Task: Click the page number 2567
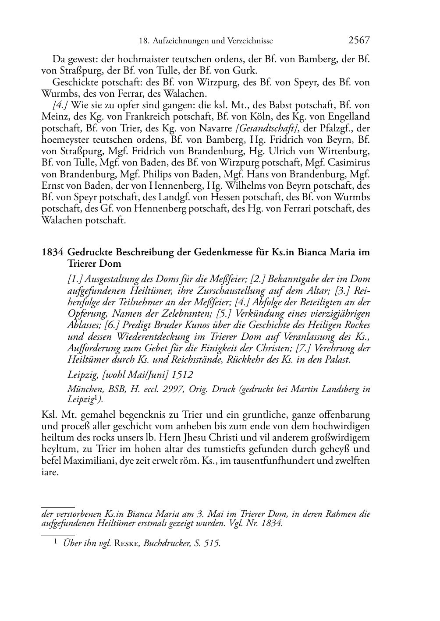point(359,41)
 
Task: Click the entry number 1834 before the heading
point(53,252)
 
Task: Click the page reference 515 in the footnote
point(211,544)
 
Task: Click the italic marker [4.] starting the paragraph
point(60,105)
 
